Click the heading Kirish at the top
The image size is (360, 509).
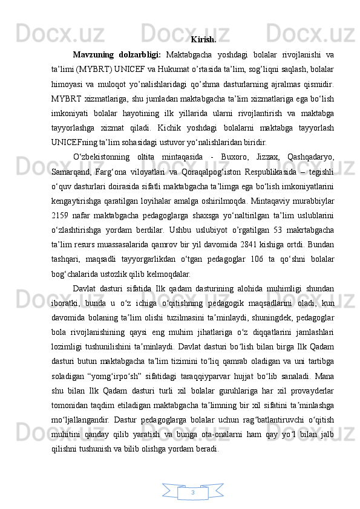click(x=204, y=41)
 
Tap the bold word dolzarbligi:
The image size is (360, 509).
click(x=139, y=56)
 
